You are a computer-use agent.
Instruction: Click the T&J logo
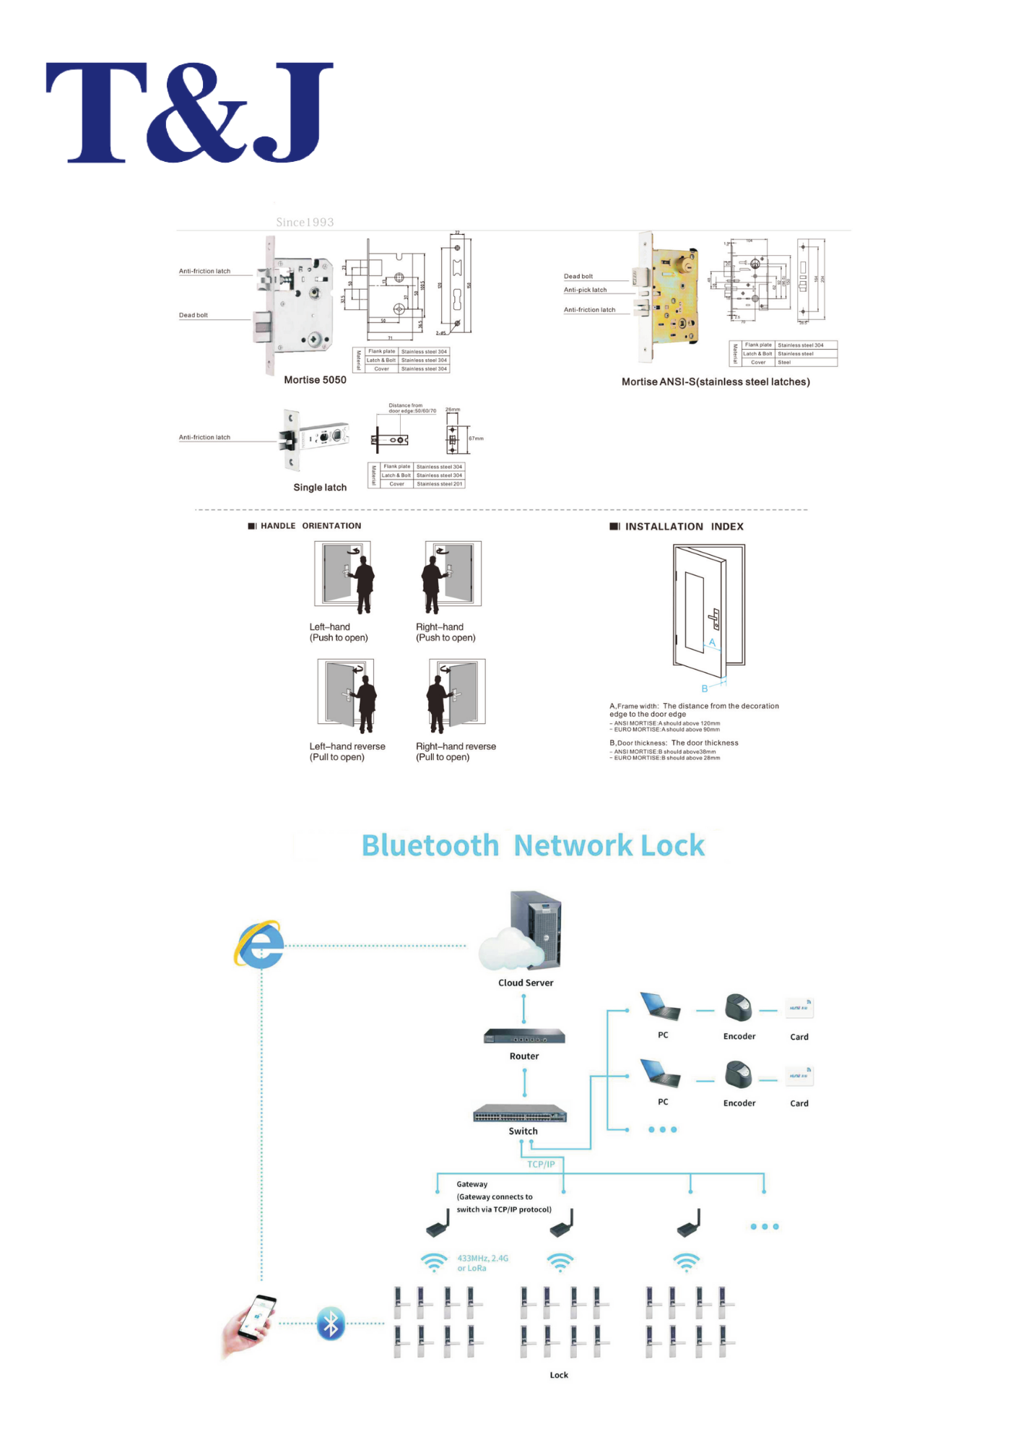coord(189,112)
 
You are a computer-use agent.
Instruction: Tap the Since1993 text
coord(305,223)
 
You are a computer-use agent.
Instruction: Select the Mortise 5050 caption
coord(315,380)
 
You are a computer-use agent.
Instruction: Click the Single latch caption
coord(320,488)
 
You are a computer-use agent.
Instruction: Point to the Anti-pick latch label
coord(585,290)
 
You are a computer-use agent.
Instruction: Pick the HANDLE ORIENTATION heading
coord(310,526)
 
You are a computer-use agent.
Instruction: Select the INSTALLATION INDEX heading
coord(683,527)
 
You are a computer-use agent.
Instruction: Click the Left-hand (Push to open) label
coord(339,632)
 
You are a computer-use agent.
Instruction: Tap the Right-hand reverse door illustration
coord(456,694)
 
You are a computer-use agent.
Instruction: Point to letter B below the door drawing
coord(705,689)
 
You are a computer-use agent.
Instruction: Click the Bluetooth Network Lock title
coord(533,845)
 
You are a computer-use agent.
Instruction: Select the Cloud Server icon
coord(523,932)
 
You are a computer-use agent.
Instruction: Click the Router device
coord(524,1037)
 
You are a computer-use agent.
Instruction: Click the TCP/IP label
coord(541,1164)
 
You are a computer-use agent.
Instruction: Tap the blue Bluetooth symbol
coord(331,1324)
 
